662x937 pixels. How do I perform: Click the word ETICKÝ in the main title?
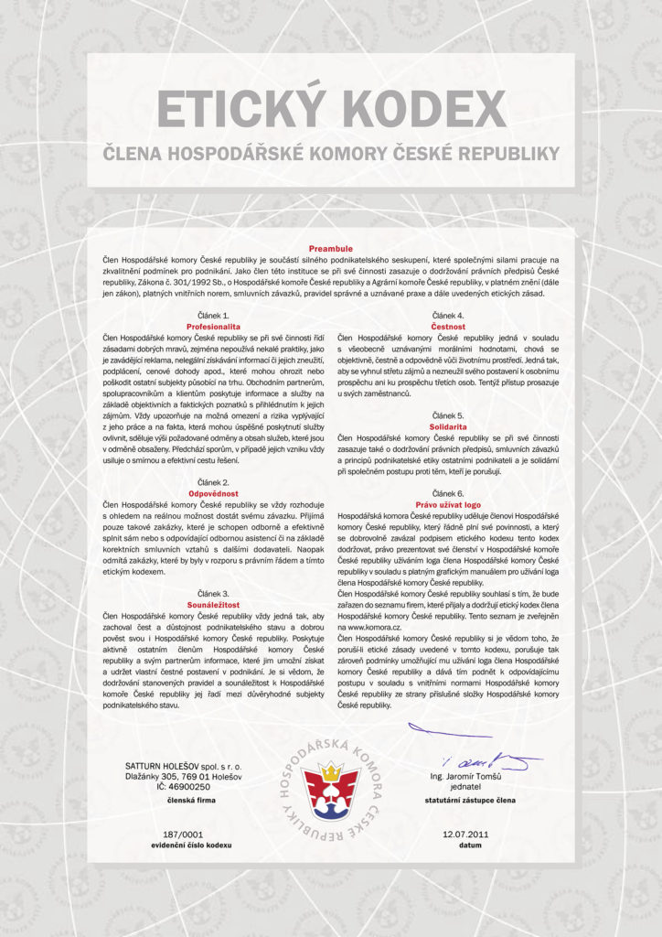coord(240,110)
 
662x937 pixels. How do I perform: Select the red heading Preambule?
coord(330,248)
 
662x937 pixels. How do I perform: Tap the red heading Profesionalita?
coord(212,326)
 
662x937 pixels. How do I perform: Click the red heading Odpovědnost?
coord(212,492)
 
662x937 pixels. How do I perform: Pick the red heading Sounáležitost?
coord(212,604)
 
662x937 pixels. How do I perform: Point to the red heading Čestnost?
coord(447,326)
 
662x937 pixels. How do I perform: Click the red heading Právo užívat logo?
coord(447,504)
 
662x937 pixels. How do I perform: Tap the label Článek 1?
coord(212,315)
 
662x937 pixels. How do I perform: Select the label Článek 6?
coord(447,493)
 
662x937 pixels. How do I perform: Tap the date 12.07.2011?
coord(464,835)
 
